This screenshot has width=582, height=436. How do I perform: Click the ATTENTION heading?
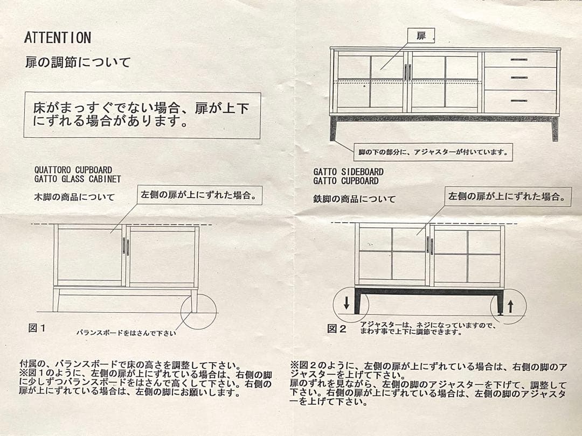point(58,38)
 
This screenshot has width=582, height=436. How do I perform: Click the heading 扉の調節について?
point(78,62)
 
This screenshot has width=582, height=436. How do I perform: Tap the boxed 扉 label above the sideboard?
point(421,36)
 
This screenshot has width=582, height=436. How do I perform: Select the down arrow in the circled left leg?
point(347,305)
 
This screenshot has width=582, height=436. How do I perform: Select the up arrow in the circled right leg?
point(510,307)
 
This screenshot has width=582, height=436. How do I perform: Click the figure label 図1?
point(37,328)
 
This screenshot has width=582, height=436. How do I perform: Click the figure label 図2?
point(337,328)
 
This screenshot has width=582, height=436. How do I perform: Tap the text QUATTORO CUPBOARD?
point(73,170)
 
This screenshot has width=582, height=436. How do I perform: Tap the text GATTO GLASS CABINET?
point(78,179)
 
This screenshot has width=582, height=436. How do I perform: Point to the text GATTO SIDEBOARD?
point(349,172)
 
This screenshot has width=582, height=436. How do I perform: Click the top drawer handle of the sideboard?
point(519,59)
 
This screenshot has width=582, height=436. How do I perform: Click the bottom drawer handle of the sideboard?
point(519,101)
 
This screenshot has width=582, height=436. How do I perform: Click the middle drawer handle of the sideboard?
point(519,78)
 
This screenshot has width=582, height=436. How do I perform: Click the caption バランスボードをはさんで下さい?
point(126,333)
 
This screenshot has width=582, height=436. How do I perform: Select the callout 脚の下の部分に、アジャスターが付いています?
point(433,152)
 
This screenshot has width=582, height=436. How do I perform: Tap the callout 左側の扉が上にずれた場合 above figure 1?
point(202,194)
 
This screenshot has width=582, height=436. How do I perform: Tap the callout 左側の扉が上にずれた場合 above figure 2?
point(508,197)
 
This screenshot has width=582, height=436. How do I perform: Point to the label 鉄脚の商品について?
point(355,199)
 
